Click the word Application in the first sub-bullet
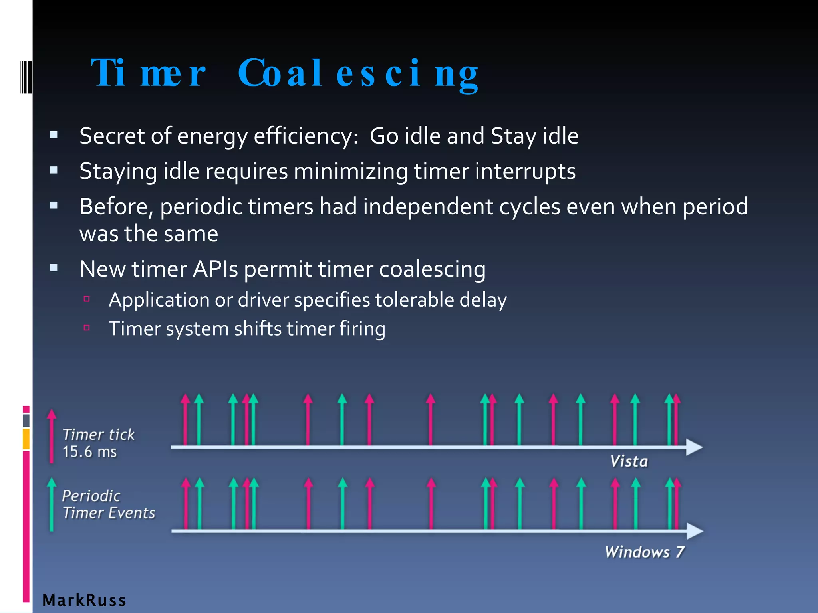tap(159, 300)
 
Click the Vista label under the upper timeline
tap(629, 461)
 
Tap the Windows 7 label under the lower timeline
tap(644, 552)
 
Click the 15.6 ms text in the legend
tap(89, 452)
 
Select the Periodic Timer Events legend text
tap(108, 504)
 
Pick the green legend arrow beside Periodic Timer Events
tap(51, 504)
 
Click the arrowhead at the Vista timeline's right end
tap(694, 447)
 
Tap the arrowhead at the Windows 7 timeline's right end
tap(695, 531)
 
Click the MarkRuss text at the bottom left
tap(84, 600)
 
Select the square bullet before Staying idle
tap(54, 170)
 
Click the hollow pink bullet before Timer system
tap(87, 328)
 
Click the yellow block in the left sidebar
tap(26, 439)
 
